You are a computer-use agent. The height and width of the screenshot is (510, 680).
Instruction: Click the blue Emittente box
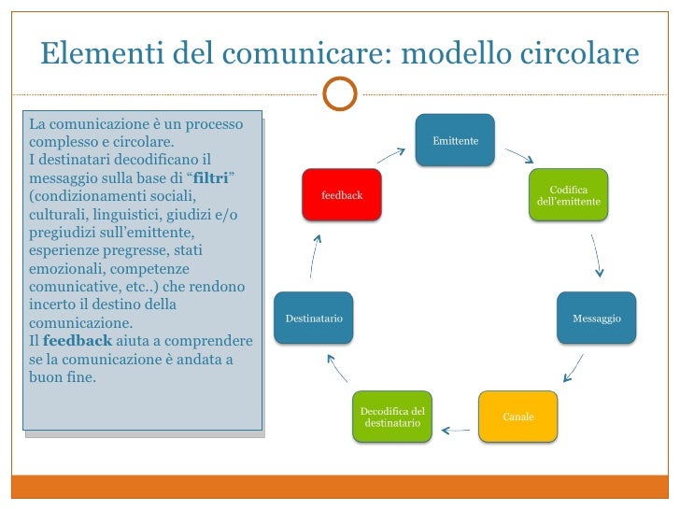[x=455, y=140]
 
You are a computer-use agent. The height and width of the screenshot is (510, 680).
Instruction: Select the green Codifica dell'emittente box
[x=569, y=195]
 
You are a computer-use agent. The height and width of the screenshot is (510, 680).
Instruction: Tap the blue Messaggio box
[x=597, y=319]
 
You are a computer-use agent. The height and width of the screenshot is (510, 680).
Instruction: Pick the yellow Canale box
[x=517, y=416]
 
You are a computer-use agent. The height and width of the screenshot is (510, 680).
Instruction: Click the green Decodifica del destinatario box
[x=392, y=417]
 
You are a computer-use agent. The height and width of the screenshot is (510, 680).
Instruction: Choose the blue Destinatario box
[x=314, y=319]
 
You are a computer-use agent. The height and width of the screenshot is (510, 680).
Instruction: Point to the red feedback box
[x=341, y=195]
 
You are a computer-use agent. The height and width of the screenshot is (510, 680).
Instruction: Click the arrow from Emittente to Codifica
[x=518, y=155]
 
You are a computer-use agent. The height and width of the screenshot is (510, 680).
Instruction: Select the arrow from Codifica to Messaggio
[x=596, y=256]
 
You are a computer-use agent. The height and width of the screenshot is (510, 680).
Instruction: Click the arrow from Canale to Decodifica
[x=456, y=431]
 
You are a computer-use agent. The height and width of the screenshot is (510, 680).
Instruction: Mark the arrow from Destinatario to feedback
[x=316, y=253]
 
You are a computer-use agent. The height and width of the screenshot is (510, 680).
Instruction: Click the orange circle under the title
[x=339, y=93]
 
